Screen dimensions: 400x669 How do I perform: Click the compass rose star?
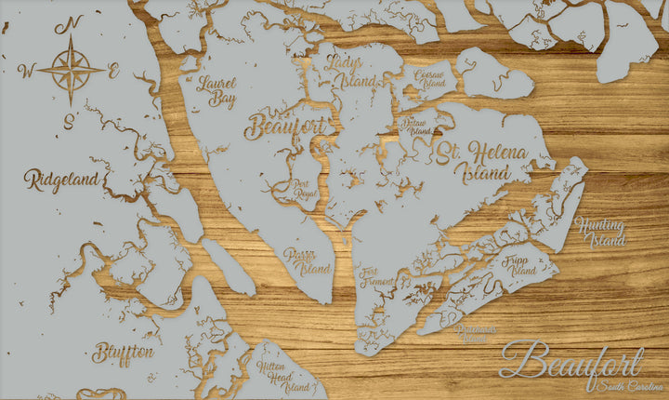pos(72,69)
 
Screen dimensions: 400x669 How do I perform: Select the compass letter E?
pos(113,71)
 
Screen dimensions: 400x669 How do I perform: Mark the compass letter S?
pos(69,120)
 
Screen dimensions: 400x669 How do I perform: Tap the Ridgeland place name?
pos(61,180)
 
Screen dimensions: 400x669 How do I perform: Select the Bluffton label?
pos(124,353)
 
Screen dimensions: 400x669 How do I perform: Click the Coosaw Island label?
pos(429,78)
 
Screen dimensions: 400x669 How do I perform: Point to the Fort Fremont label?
pos(376,276)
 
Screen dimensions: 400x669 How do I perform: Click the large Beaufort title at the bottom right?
pos(571,361)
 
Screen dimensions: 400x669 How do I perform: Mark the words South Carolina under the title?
pos(629,386)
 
